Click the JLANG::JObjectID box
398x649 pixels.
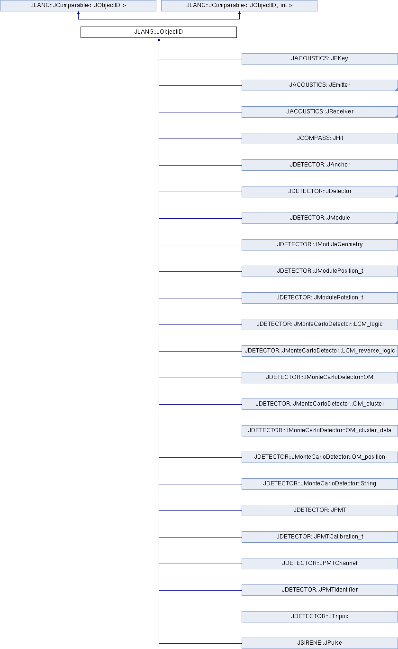[x=159, y=32]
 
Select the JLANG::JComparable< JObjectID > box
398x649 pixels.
[x=78, y=6]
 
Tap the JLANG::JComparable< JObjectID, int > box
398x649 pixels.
[x=239, y=6]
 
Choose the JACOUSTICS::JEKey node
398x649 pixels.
[x=319, y=59]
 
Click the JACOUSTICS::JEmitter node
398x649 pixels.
[x=319, y=85]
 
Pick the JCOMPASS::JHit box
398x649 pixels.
[x=319, y=139]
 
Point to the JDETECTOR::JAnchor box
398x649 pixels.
[x=319, y=165]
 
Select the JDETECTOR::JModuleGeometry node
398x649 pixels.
[x=319, y=245]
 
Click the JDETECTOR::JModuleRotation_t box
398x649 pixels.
[x=319, y=298]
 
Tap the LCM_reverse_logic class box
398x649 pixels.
[x=319, y=351]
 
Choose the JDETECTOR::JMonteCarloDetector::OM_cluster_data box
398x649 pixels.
[x=319, y=431]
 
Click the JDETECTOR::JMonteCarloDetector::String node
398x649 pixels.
[x=319, y=484]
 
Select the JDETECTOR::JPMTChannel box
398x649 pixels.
[x=319, y=564]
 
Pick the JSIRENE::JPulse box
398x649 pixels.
[x=319, y=643]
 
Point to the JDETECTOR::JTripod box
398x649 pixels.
[x=319, y=617]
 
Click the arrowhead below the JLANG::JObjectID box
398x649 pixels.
[x=159, y=39]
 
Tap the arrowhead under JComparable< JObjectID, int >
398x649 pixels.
[x=239, y=13]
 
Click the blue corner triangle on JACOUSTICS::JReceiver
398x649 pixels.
[x=397, y=116]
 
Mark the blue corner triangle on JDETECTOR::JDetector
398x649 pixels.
[x=397, y=196]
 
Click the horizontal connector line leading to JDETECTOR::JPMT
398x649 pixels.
[x=200, y=510]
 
